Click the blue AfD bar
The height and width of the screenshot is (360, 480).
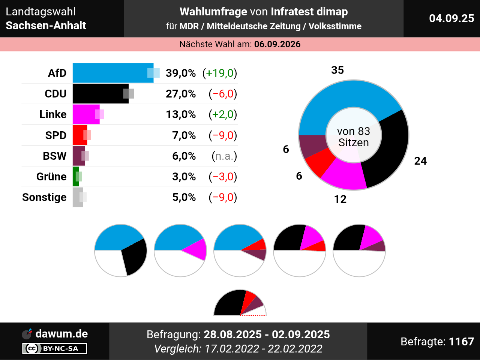[x=112, y=73]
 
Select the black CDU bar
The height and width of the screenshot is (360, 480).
[x=100, y=94]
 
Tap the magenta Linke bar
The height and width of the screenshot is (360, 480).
[x=86, y=114]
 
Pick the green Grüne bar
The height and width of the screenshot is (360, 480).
[x=75, y=177]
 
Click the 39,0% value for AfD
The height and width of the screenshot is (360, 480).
[x=180, y=73]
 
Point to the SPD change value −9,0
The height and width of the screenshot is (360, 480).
[x=223, y=135]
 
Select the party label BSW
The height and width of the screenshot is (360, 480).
[x=54, y=156]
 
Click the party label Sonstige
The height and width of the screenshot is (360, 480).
[x=44, y=197]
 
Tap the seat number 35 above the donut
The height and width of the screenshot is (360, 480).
[x=337, y=70]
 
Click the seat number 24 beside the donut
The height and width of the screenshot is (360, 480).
[x=420, y=161]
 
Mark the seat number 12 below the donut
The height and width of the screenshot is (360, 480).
[x=340, y=199]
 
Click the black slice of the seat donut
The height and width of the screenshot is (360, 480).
[x=390, y=150]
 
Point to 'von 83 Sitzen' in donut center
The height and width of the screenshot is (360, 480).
[x=353, y=137]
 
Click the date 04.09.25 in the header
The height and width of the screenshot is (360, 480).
[x=451, y=18]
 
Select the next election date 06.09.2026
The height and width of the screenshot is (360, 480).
[x=277, y=44]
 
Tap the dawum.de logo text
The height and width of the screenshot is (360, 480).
[x=61, y=334]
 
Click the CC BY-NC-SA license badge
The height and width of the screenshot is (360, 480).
[x=55, y=348]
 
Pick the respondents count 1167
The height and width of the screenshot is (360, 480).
[x=461, y=342]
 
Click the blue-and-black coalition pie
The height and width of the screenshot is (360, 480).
[x=121, y=250]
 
